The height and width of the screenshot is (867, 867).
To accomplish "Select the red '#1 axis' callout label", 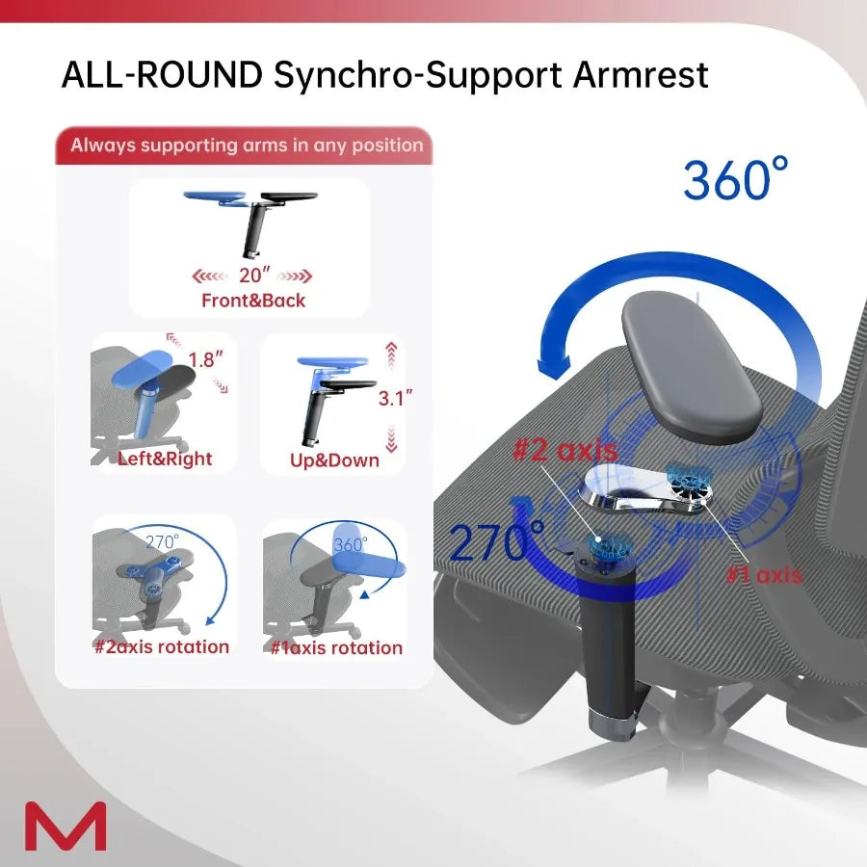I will (763, 574).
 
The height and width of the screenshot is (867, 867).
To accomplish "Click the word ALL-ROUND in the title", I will (161, 75).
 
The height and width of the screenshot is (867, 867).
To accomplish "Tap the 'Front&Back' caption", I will (253, 301).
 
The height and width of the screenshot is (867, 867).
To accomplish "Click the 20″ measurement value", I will (253, 275).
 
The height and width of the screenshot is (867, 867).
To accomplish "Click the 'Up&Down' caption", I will (334, 460).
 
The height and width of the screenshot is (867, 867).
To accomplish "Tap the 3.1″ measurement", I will (396, 397).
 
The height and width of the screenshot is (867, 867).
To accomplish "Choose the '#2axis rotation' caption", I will (162, 646).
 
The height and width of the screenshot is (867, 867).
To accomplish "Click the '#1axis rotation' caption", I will (336, 647).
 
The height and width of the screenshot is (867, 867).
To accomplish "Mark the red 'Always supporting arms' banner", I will (247, 146).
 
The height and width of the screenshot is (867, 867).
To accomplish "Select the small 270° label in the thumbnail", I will (162, 541).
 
